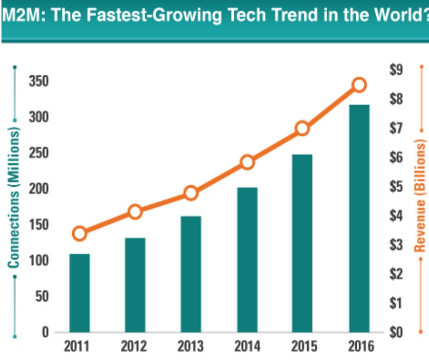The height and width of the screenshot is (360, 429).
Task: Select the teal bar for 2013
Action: click(x=191, y=274)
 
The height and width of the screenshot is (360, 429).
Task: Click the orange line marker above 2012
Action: click(x=135, y=212)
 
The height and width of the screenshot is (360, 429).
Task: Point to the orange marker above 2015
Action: click(x=302, y=129)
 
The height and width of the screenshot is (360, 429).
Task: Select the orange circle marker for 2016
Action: click(x=359, y=85)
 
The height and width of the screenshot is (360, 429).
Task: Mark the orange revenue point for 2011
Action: click(x=79, y=233)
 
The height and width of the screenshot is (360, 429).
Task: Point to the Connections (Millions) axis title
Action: click(x=15, y=196)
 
